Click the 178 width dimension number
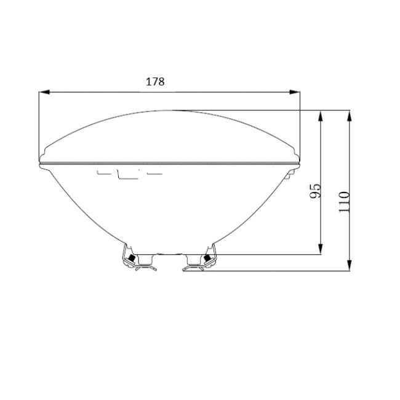[x=155, y=82]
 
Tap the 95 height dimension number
[x=315, y=191]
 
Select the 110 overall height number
[x=344, y=201]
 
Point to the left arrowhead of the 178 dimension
[x=44, y=92]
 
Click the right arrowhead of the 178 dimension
[x=295, y=92]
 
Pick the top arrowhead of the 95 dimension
[x=321, y=116]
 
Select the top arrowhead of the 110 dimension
[x=350, y=116]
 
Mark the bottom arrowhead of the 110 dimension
[x=350, y=265]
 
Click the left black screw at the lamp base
[x=132, y=258]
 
